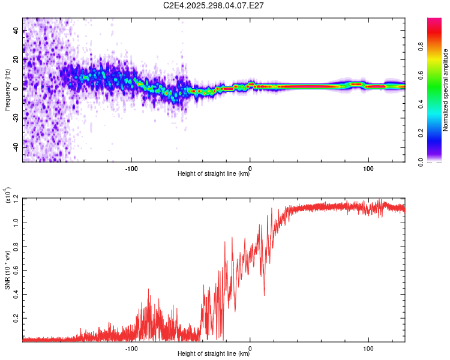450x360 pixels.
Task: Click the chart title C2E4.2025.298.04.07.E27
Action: (x=214, y=5)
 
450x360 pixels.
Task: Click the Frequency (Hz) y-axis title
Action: (x=8, y=90)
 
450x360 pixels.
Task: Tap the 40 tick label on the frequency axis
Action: (x=16, y=32)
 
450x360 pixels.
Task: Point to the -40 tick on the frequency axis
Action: (x=16, y=147)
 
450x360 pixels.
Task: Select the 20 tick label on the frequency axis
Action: (x=16, y=61)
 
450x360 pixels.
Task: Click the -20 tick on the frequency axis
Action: (x=16, y=118)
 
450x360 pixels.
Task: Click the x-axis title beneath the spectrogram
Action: (x=214, y=174)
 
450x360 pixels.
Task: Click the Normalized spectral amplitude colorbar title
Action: (x=445, y=90)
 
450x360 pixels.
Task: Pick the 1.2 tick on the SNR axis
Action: (x=16, y=197)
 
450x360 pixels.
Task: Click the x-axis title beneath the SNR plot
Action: (x=214, y=353)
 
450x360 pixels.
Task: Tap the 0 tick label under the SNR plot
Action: (x=250, y=347)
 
